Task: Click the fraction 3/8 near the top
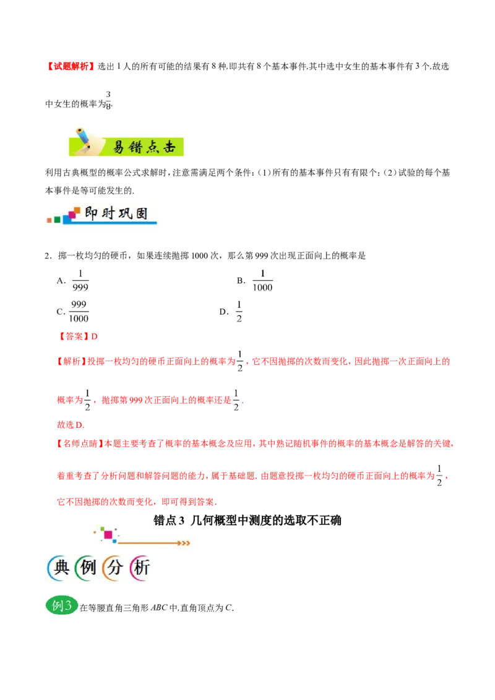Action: pos(108,100)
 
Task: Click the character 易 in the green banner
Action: pos(119,147)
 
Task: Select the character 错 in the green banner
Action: pos(137,147)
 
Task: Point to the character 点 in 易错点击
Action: pos(154,147)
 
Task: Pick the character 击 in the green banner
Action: pos(171,147)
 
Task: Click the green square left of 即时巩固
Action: pos(58,220)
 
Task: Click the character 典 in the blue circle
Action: pos(61,568)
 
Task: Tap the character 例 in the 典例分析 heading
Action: pos(88,568)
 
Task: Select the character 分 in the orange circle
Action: pos(115,568)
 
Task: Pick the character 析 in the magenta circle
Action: pos(142,568)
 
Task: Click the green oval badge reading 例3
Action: pos(62,606)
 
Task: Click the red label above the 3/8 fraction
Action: pos(69,67)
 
